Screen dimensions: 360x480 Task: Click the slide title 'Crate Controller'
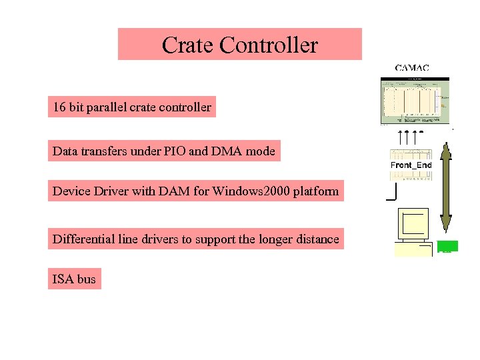[x=239, y=45]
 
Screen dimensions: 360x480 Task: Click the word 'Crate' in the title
[x=187, y=45]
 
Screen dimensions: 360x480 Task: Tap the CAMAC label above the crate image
[x=411, y=67]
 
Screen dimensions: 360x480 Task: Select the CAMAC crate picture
[x=415, y=101]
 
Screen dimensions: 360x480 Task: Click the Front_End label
[x=411, y=165]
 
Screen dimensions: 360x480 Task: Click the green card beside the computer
[x=447, y=246]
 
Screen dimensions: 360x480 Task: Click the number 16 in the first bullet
[x=59, y=107]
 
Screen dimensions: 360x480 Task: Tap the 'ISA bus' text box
[x=74, y=279]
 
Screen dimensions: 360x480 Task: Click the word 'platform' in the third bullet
[x=315, y=192]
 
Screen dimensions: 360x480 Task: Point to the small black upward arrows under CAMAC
[x=409, y=137]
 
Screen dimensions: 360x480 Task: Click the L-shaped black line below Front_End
[x=392, y=193]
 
